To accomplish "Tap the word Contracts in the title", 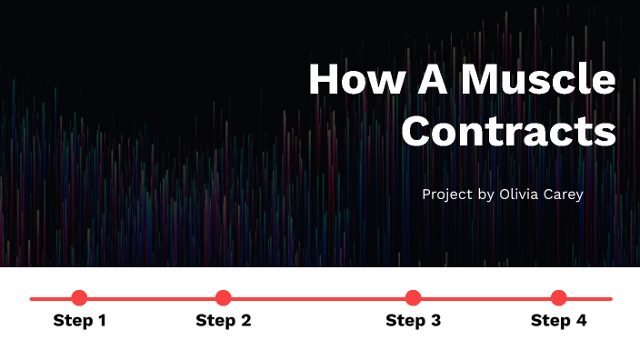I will tap(509, 131).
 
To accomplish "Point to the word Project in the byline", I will tap(447, 195).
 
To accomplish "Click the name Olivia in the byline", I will tap(517, 195).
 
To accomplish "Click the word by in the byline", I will tap(485, 195).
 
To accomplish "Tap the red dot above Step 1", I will tap(79, 297).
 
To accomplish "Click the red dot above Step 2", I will tap(224, 297).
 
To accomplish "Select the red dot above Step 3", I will tap(413, 297).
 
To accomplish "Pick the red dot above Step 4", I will tap(558, 297).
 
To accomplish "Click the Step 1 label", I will tap(80, 321).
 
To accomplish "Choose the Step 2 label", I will tap(224, 321).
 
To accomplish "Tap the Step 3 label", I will tap(414, 321).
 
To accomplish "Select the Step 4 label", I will tap(559, 321).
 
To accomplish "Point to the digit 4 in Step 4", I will tap(581, 321).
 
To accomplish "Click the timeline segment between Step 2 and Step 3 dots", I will tap(318, 297).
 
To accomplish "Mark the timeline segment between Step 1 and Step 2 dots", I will tap(151, 297).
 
